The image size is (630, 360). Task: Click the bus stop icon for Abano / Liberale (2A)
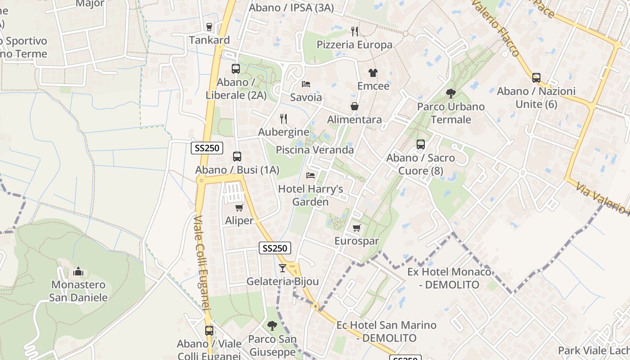click(x=235, y=69)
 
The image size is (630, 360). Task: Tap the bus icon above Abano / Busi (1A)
click(x=237, y=157)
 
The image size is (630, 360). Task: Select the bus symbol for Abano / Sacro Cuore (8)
click(x=421, y=144)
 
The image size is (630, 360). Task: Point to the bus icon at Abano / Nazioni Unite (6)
click(x=536, y=78)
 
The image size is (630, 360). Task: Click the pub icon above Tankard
click(x=209, y=27)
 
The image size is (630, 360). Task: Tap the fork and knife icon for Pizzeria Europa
click(x=355, y=31)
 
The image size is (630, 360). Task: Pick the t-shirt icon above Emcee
click(x=373, y=72)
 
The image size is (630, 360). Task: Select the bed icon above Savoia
click(x=306, y=84)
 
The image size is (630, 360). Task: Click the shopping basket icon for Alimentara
click(x=355, y=106)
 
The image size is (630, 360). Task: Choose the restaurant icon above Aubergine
click(x=283, y=119)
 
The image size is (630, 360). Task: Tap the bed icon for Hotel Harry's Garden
click(x=310, y=175)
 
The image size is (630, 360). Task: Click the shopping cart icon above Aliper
click(x=239, y=207)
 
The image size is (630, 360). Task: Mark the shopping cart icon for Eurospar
click(x=357, y=228)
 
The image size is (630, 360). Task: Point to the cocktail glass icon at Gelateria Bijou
click(x=283, y=268)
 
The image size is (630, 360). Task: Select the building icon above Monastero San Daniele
click(x=79, y=271)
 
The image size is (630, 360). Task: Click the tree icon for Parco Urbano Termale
click(x=450, y=94)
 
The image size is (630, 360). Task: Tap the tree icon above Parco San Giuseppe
click(x=272, y=325)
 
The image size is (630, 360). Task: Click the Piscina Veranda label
click(x=315, y=150)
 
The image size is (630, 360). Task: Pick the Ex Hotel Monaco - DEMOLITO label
click(x=449, y=278)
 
